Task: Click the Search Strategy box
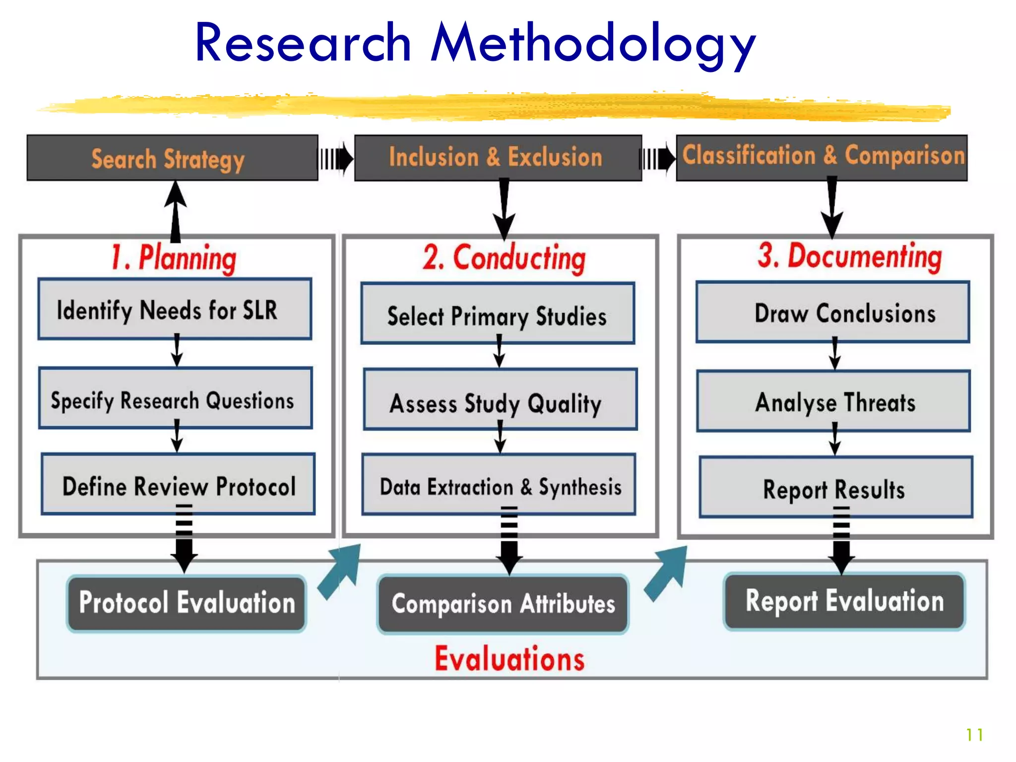172,158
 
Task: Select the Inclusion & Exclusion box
498,158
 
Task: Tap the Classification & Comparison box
822,157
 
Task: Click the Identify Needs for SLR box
175,310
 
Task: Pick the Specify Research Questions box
175,399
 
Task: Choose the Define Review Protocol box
178,485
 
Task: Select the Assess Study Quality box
500,400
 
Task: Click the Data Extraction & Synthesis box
499,486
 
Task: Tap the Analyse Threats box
833,401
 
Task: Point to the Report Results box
835,488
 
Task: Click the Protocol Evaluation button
187,603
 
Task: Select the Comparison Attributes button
503,604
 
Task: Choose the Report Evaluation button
844,601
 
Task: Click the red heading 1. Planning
174,258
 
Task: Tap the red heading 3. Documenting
849,256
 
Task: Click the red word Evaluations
509,659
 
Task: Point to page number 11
974,735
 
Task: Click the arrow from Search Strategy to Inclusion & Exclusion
336,159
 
